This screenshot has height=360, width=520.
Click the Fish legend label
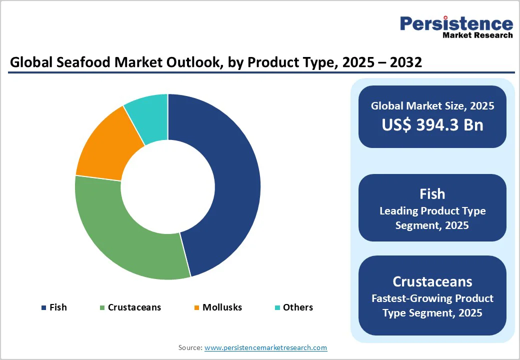[x=58, y=307]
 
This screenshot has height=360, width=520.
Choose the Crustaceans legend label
[x=134, y=307]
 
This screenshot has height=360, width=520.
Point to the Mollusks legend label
[x=222, y=307]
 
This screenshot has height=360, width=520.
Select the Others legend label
[x=298, y=307]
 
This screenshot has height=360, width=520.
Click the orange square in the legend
[x=197, y=307]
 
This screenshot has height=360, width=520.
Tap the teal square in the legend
[x=277, y=307]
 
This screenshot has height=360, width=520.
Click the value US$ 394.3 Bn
[x=432, y=124]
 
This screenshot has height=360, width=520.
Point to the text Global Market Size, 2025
[x=432, y=106]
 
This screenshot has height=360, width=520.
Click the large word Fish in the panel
[x=432, y=194]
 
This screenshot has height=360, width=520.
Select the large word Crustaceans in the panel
[x=432, y=281]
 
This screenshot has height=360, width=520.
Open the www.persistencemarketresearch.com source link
[x=265, y=347]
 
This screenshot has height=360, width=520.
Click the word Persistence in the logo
[x=456, y=23]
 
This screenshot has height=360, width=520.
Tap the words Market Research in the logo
[x=477, y=35]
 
